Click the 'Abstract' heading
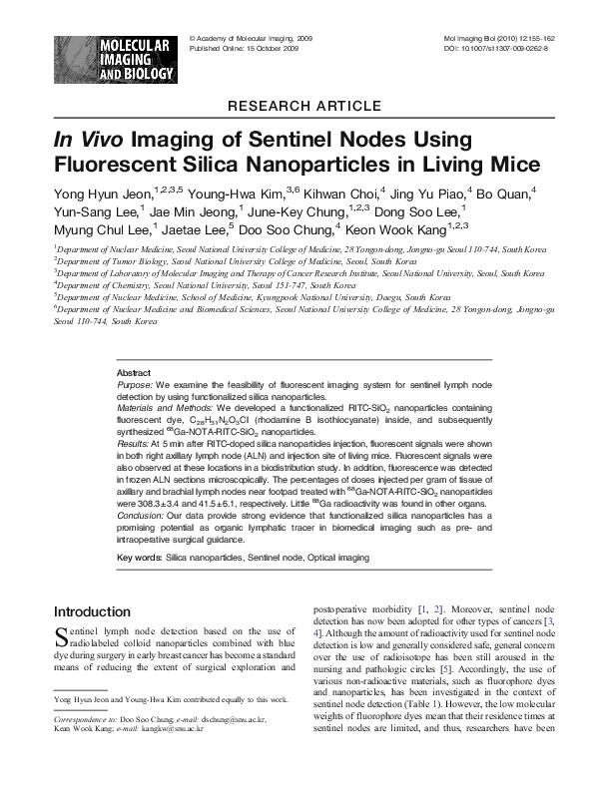[x=134, y=371]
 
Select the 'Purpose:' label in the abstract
[x=135, y=383]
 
